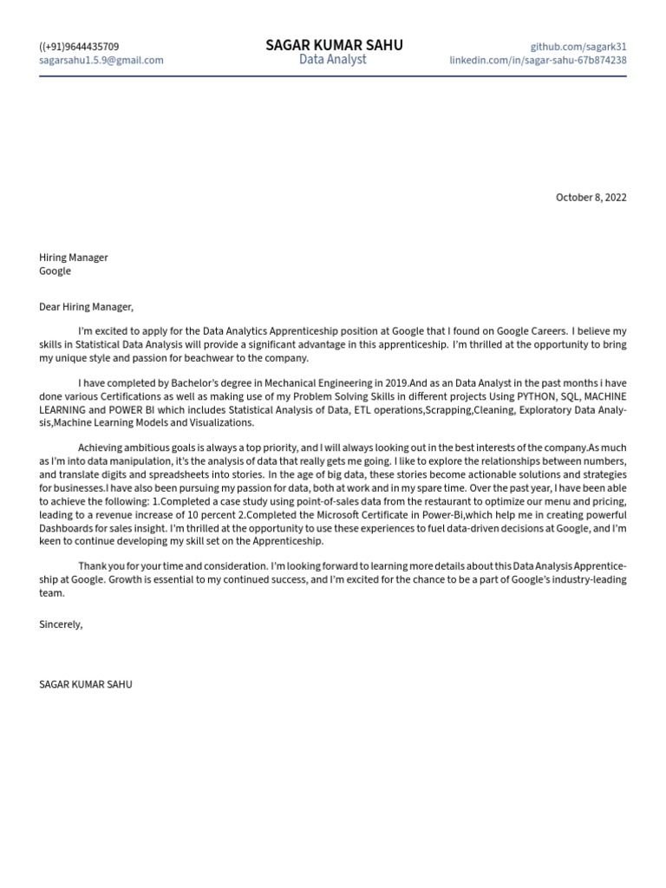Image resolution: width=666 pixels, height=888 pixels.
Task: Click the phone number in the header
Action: pos(79,47)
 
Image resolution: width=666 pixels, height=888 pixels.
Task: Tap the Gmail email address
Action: pos(101,61)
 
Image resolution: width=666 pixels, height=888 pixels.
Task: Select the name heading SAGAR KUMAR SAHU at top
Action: pos(334,45)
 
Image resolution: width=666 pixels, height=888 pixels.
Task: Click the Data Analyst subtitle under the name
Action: pos(333,60)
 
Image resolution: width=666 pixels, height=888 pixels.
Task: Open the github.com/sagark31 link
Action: pos(578,47)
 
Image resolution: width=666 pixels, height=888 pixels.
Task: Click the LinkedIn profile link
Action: pos(538,61)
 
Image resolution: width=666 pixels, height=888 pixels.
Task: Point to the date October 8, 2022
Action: pos(591,198)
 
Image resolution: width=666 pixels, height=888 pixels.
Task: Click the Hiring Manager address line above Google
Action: pos(74,258)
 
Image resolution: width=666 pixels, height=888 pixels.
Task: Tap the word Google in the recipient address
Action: pos(55,271)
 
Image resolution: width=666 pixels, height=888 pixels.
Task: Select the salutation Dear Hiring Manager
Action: pos(87,306)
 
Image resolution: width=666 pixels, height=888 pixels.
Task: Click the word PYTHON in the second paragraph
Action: pos(537,396)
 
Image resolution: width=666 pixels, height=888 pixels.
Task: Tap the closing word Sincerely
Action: pos(61,624)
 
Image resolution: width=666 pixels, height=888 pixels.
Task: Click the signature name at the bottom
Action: pos(86,684)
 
